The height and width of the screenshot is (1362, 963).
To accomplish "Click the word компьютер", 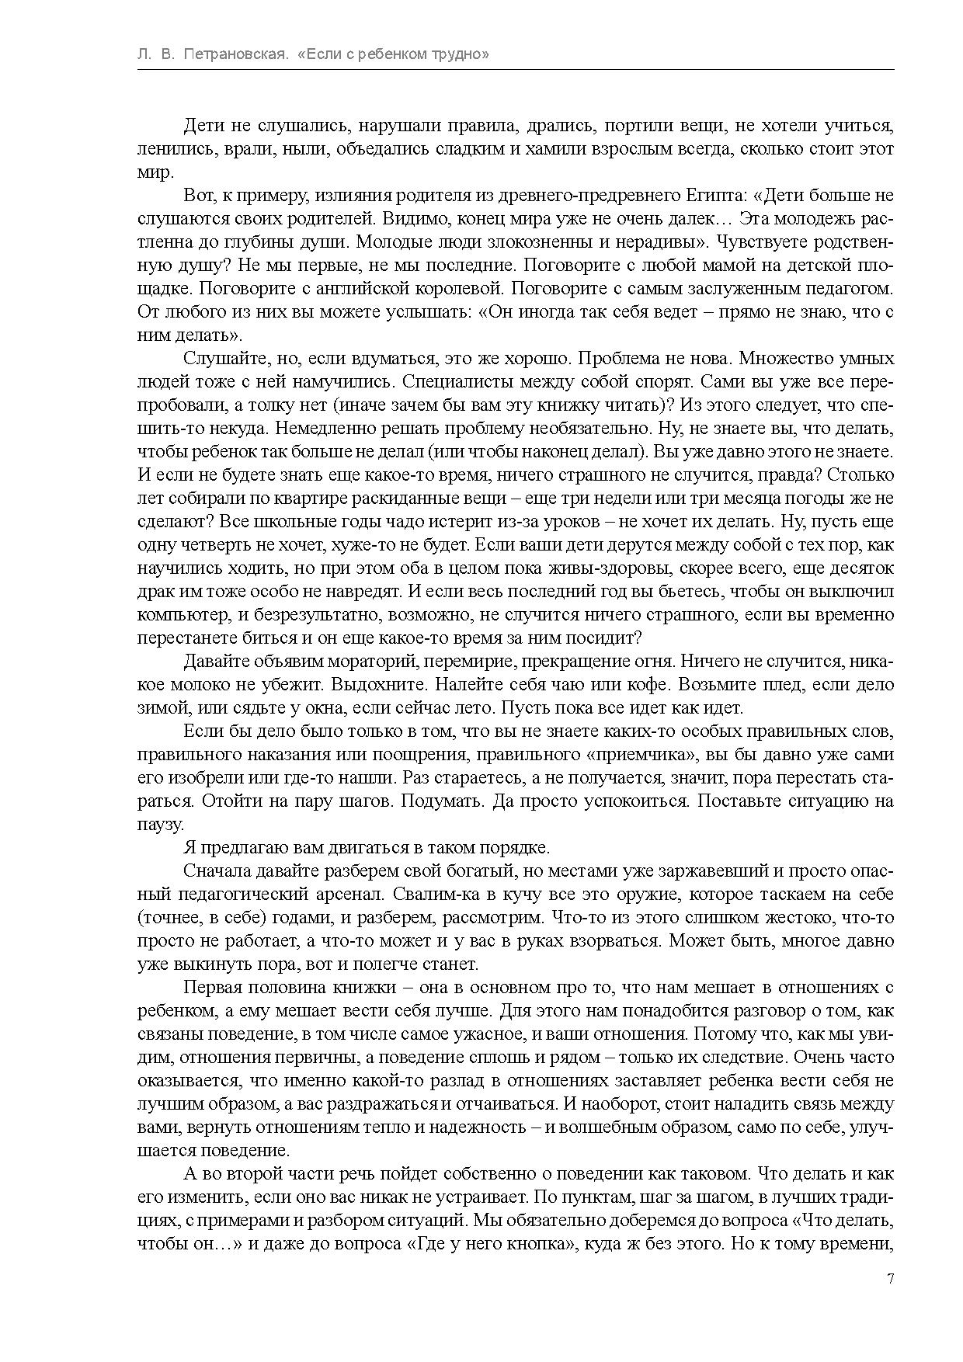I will pos(180,615).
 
